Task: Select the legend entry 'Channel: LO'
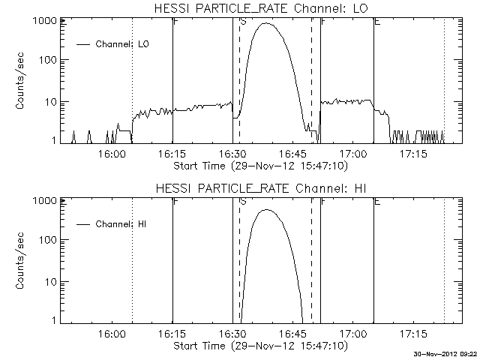[x=123, y=44]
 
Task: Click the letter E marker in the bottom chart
[x=376, y=202]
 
